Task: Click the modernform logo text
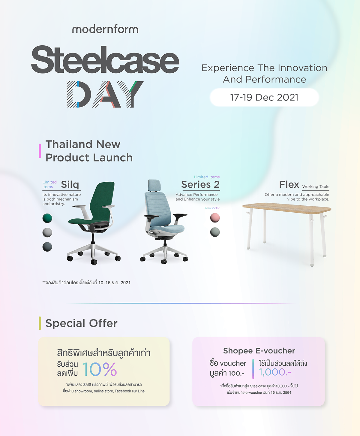tap(105, 29)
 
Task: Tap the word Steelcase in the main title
tap(105, 60)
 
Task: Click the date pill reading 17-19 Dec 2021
tap(264, 97)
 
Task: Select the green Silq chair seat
tap(87, 221)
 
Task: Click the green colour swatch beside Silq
tap(47, 218)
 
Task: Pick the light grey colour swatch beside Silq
tap(47, 232)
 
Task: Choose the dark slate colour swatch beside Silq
tap(47, 247)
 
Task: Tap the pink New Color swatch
tap(215, 218)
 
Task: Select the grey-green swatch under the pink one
tap(215, 232)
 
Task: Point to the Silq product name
tap(70, 184)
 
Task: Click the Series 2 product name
tap(200, 184)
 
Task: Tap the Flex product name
tap(289, 184)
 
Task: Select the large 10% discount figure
tap(99, 369)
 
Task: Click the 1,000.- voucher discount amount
tap(275, 372)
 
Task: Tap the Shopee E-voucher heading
tap(259, 351)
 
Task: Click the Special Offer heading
tap(81, 323)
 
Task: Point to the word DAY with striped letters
tap(105, 94)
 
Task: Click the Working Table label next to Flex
tap(316, 186)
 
